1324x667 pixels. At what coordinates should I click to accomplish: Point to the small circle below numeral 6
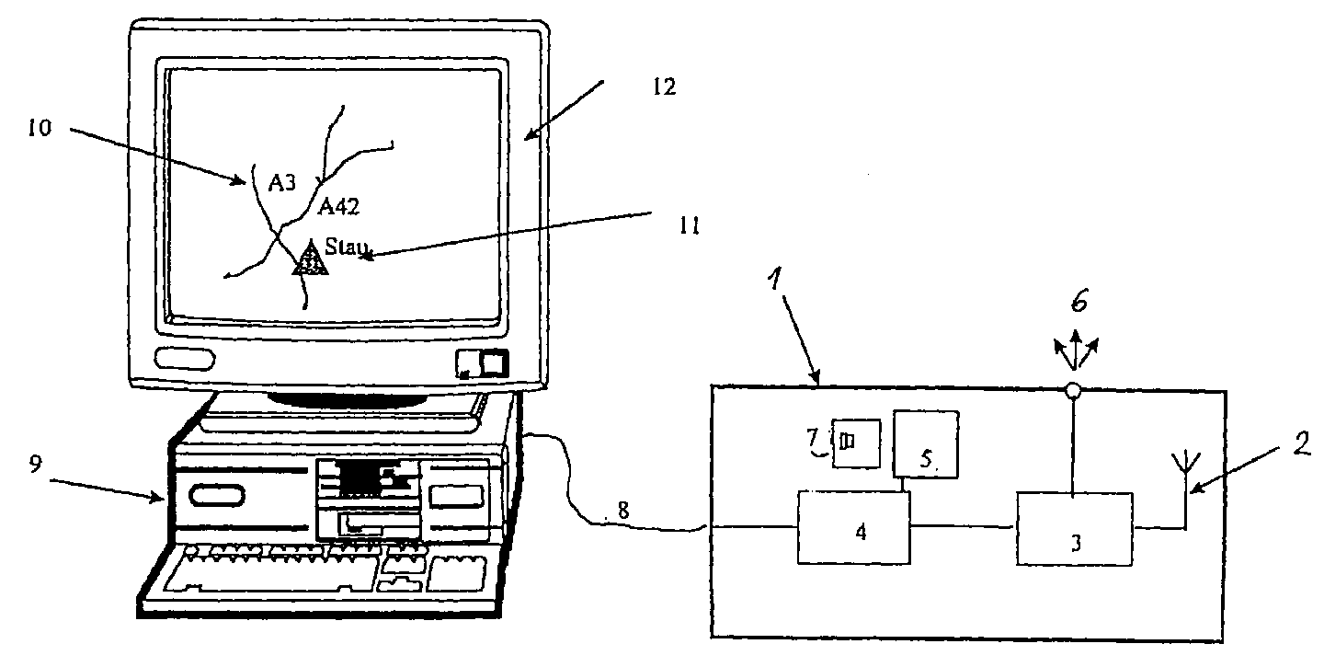point(1073,390)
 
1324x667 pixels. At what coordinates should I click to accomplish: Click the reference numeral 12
point(664,86)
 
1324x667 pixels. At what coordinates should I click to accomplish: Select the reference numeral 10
point(40,128)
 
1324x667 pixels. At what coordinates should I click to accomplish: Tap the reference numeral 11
point(690,225)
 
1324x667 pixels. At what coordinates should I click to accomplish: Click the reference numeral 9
point(36,465)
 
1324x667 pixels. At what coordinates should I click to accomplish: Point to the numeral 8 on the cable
point(623,510)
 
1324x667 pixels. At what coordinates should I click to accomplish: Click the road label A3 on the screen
point(281,183)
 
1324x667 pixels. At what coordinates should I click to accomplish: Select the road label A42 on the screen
point(338,206)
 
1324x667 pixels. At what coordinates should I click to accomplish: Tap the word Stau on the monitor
point(347,246)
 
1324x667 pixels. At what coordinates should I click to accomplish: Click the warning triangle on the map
point(311,259)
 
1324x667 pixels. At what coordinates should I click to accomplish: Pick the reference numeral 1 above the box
point(775,278)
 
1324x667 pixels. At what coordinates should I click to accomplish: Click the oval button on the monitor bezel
point(185,358)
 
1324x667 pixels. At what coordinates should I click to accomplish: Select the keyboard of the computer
point(319,577)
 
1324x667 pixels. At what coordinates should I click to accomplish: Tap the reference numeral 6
point(1079,302)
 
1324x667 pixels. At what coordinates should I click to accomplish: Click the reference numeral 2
point(1301,443)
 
